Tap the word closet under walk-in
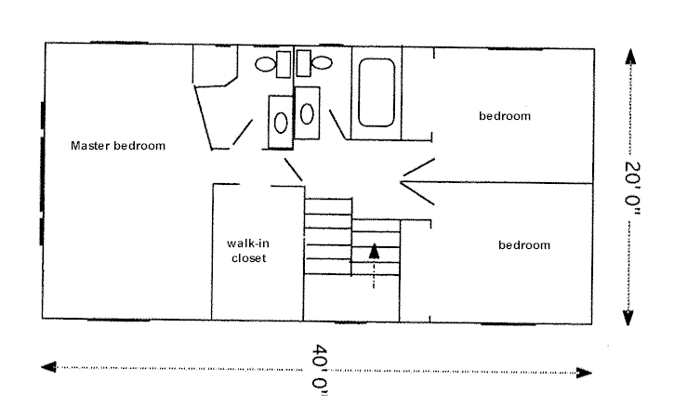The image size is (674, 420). tap(249, 258)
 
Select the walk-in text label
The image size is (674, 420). tap(248, 243)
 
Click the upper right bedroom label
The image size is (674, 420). tap(505, 116)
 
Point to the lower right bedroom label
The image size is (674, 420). tap(524, 245)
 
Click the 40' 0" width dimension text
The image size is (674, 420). tap(320, 369)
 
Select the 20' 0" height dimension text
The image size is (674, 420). tap(632, 188)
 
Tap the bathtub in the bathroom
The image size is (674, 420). tap(377, 92)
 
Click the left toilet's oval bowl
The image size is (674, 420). tap(265, 64)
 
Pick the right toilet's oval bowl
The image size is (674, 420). tap(322, 63)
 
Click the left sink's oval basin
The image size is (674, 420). tap(281, 123)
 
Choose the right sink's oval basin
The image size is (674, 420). tap(307, 113)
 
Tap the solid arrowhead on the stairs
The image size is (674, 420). tap(375, 251)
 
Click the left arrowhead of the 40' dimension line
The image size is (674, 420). tap(48, 367)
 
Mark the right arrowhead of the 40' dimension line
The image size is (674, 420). tap(584, 373)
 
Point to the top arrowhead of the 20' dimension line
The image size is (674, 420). tap(630, 57)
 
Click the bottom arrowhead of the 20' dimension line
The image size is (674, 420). tap(628, 318)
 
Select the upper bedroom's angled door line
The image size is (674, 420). tap(418, 167)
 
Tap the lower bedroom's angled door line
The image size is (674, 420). tap(417, 193)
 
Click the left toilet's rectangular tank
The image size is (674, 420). tap(284, 64)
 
